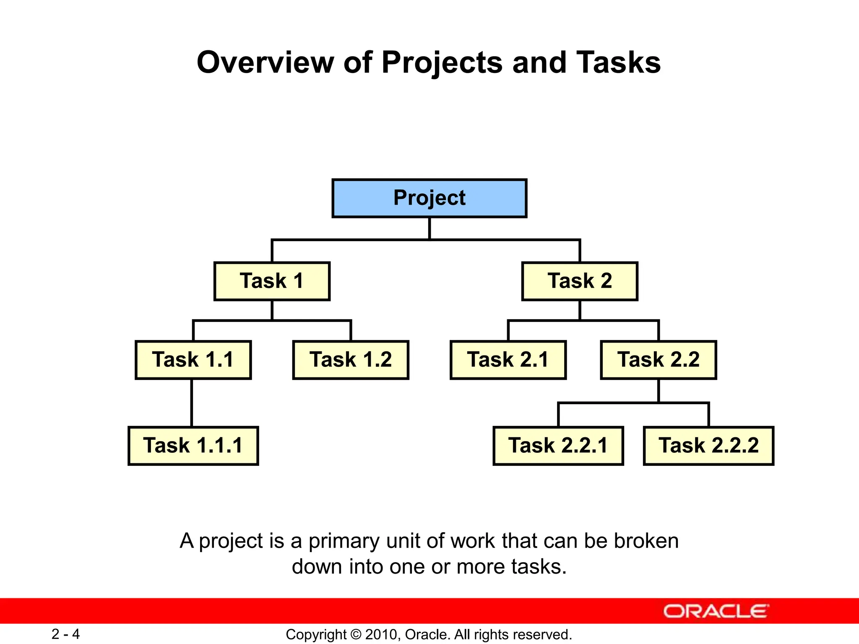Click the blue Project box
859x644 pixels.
(x=429, y=198)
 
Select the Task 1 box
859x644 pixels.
(x=272, y=281)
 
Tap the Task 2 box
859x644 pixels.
(x=580, y=281)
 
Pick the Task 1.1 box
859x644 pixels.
(x=193, y=360)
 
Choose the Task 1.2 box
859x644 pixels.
(x=351, y=360)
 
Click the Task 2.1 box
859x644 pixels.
(x=508, y=360)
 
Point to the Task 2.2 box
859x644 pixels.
(x=658, y=360)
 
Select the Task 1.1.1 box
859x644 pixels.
(x=193, y=446)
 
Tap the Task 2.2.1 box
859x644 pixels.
(x=558, y=446)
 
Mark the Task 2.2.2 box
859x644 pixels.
(x=708, y=446)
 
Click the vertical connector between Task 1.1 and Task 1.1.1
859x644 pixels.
(x=192, y=402)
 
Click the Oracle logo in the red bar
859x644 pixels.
(x=716, y=611)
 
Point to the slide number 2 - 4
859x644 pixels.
(x=65, y=634)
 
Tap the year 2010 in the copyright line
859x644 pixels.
(x=379, y=634)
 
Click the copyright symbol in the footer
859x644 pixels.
(x=356, y=634)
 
